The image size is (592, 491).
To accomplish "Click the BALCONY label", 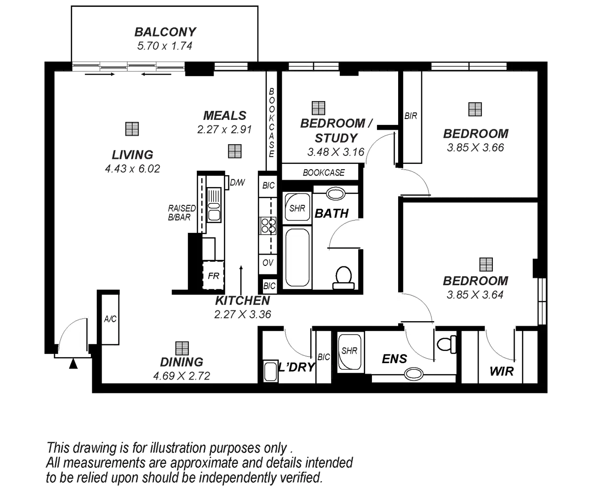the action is click(x=165, y=32).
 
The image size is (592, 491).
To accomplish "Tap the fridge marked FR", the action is click(x=213, y=276).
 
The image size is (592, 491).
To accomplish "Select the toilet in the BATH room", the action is click(x=343, y=277).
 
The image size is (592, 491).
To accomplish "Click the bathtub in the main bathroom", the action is click(x=297, y=257).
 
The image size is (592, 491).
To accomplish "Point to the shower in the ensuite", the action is click(x=349, y=352).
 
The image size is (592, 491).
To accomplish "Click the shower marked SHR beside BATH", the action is click(x=297, y=208).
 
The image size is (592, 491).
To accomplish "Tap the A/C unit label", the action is click(x=110, y=319).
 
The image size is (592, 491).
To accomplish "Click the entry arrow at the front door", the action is click(x=73, y=365).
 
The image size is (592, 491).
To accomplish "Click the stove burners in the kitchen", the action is click(x=268, y=226).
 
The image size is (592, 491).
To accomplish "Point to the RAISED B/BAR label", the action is click(x=182, y=212).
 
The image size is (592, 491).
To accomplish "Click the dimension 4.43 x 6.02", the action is click(x=133, y=169).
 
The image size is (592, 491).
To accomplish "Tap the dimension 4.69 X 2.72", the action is click(x=182, y=376).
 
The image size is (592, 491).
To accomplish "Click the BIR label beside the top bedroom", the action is click(x=411, y=116).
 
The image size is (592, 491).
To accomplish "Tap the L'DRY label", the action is click(x=296, y=367).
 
